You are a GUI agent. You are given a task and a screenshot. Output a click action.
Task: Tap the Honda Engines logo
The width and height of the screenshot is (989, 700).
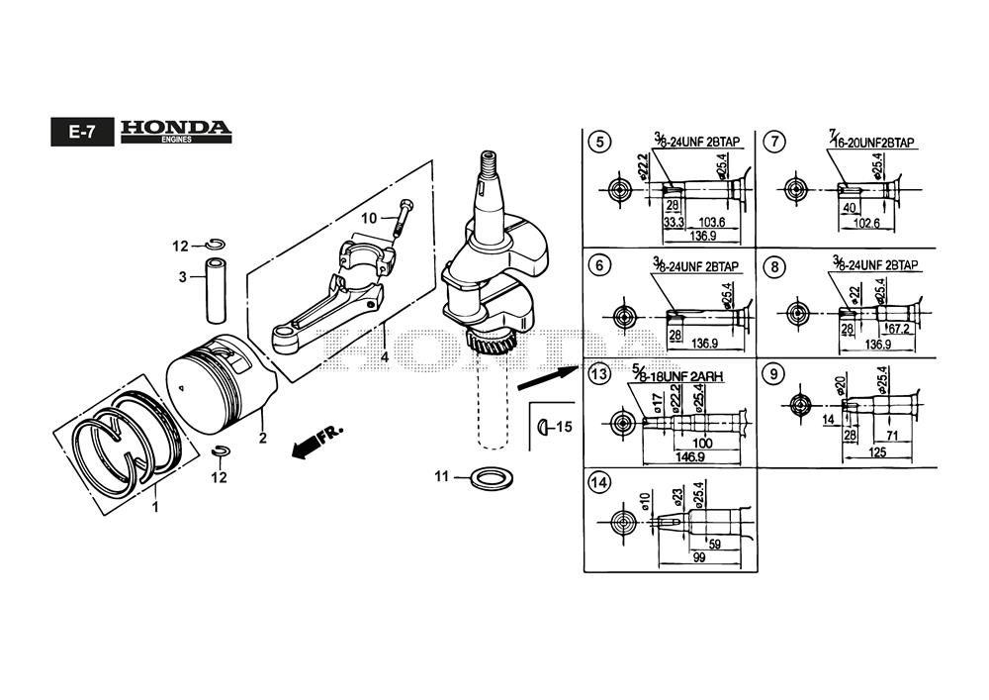click(175, 132)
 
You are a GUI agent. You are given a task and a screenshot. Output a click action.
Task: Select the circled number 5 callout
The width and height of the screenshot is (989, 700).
click(597, 142)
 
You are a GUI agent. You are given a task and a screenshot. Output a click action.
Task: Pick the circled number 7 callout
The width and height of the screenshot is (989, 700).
click(776, 142)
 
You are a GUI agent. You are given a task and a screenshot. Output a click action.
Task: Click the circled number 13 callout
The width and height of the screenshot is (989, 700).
click(597, 374)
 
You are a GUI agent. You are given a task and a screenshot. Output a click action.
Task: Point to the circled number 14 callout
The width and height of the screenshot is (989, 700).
click(597, 483)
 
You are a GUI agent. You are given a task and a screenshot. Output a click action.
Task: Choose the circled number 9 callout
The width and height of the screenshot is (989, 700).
click(776, 374)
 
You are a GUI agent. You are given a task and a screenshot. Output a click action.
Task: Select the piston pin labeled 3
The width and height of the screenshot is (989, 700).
click(217, 289)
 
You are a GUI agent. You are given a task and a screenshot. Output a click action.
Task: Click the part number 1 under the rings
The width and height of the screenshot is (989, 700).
click(154, 506)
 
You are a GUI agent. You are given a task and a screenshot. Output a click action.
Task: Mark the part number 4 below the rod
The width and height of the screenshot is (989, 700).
click(383, 355)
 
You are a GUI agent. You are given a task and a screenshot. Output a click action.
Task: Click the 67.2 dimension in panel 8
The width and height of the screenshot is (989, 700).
click(897, 329)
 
